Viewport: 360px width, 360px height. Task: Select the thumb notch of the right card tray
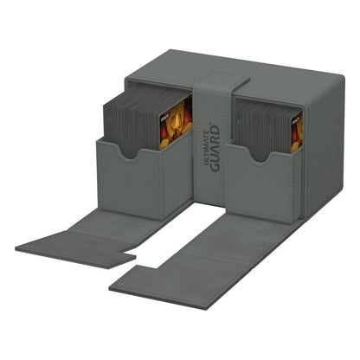coord(257,161)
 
